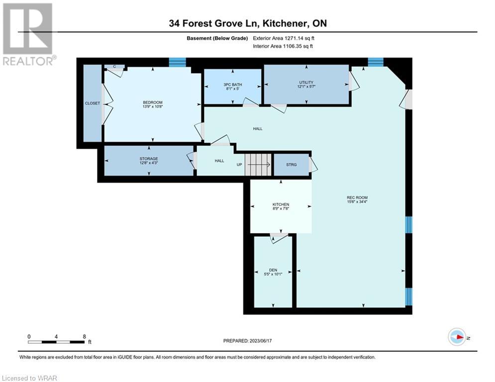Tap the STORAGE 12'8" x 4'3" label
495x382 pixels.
(149, 161)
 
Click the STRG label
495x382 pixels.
(292, 165)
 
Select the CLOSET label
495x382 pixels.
(92, 103)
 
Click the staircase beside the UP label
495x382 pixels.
(258, 165)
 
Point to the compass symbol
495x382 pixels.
(457, 337)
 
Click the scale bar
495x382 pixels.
(56, 342)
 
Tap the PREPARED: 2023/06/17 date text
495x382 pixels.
(248, 341)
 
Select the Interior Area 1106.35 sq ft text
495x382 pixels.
(283, 46)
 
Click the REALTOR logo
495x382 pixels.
(28, 34)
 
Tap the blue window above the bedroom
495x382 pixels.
(178, 62)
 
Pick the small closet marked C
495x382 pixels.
(114, 67)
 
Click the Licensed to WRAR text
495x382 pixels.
(29, 378)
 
